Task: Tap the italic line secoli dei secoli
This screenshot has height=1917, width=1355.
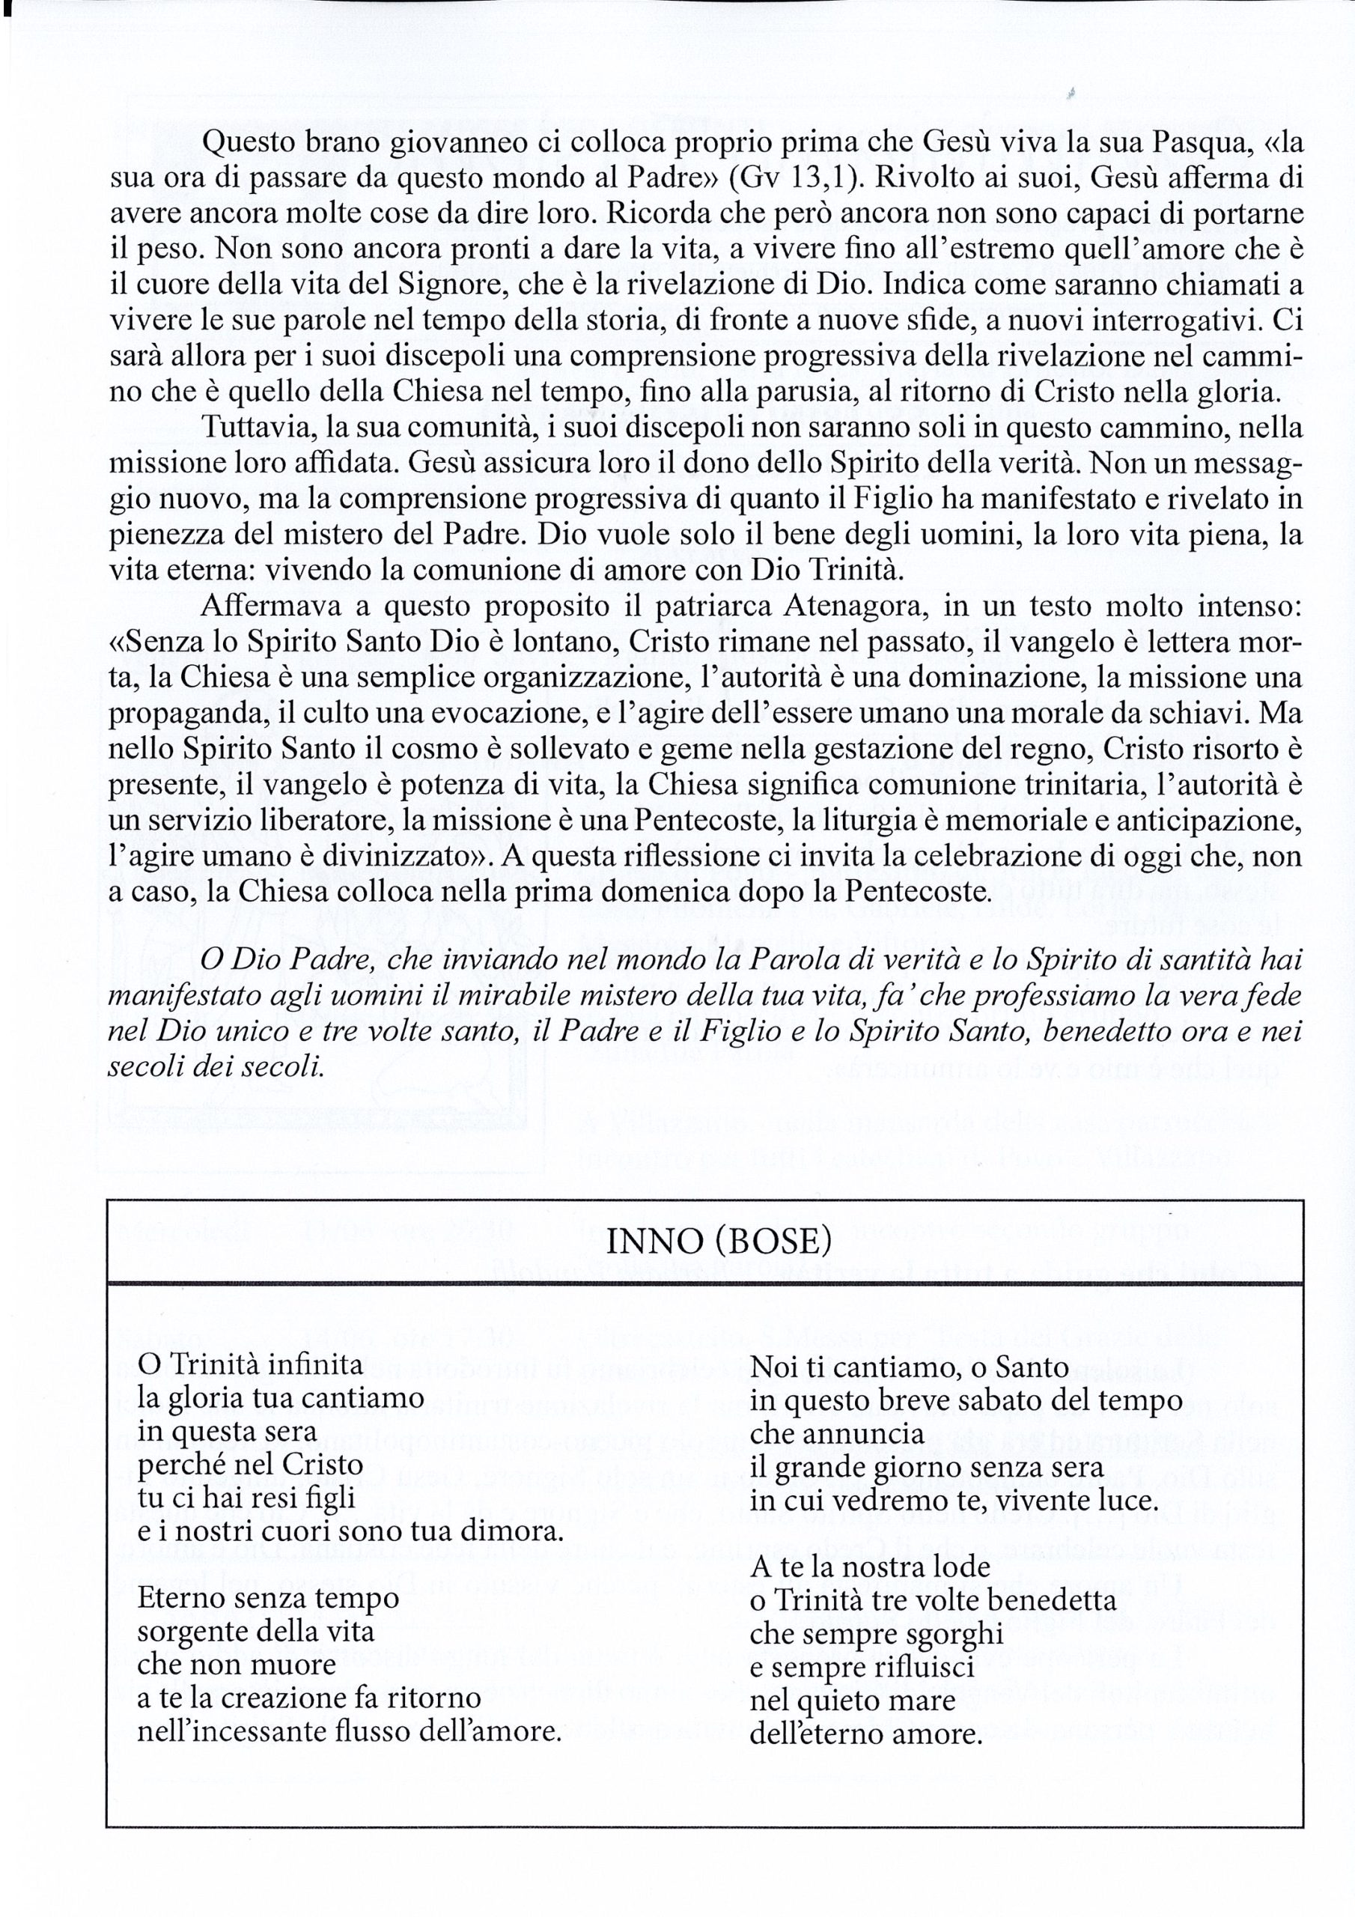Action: pos(216,1068)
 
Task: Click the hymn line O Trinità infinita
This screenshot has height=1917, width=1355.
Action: pos(251,1366)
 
